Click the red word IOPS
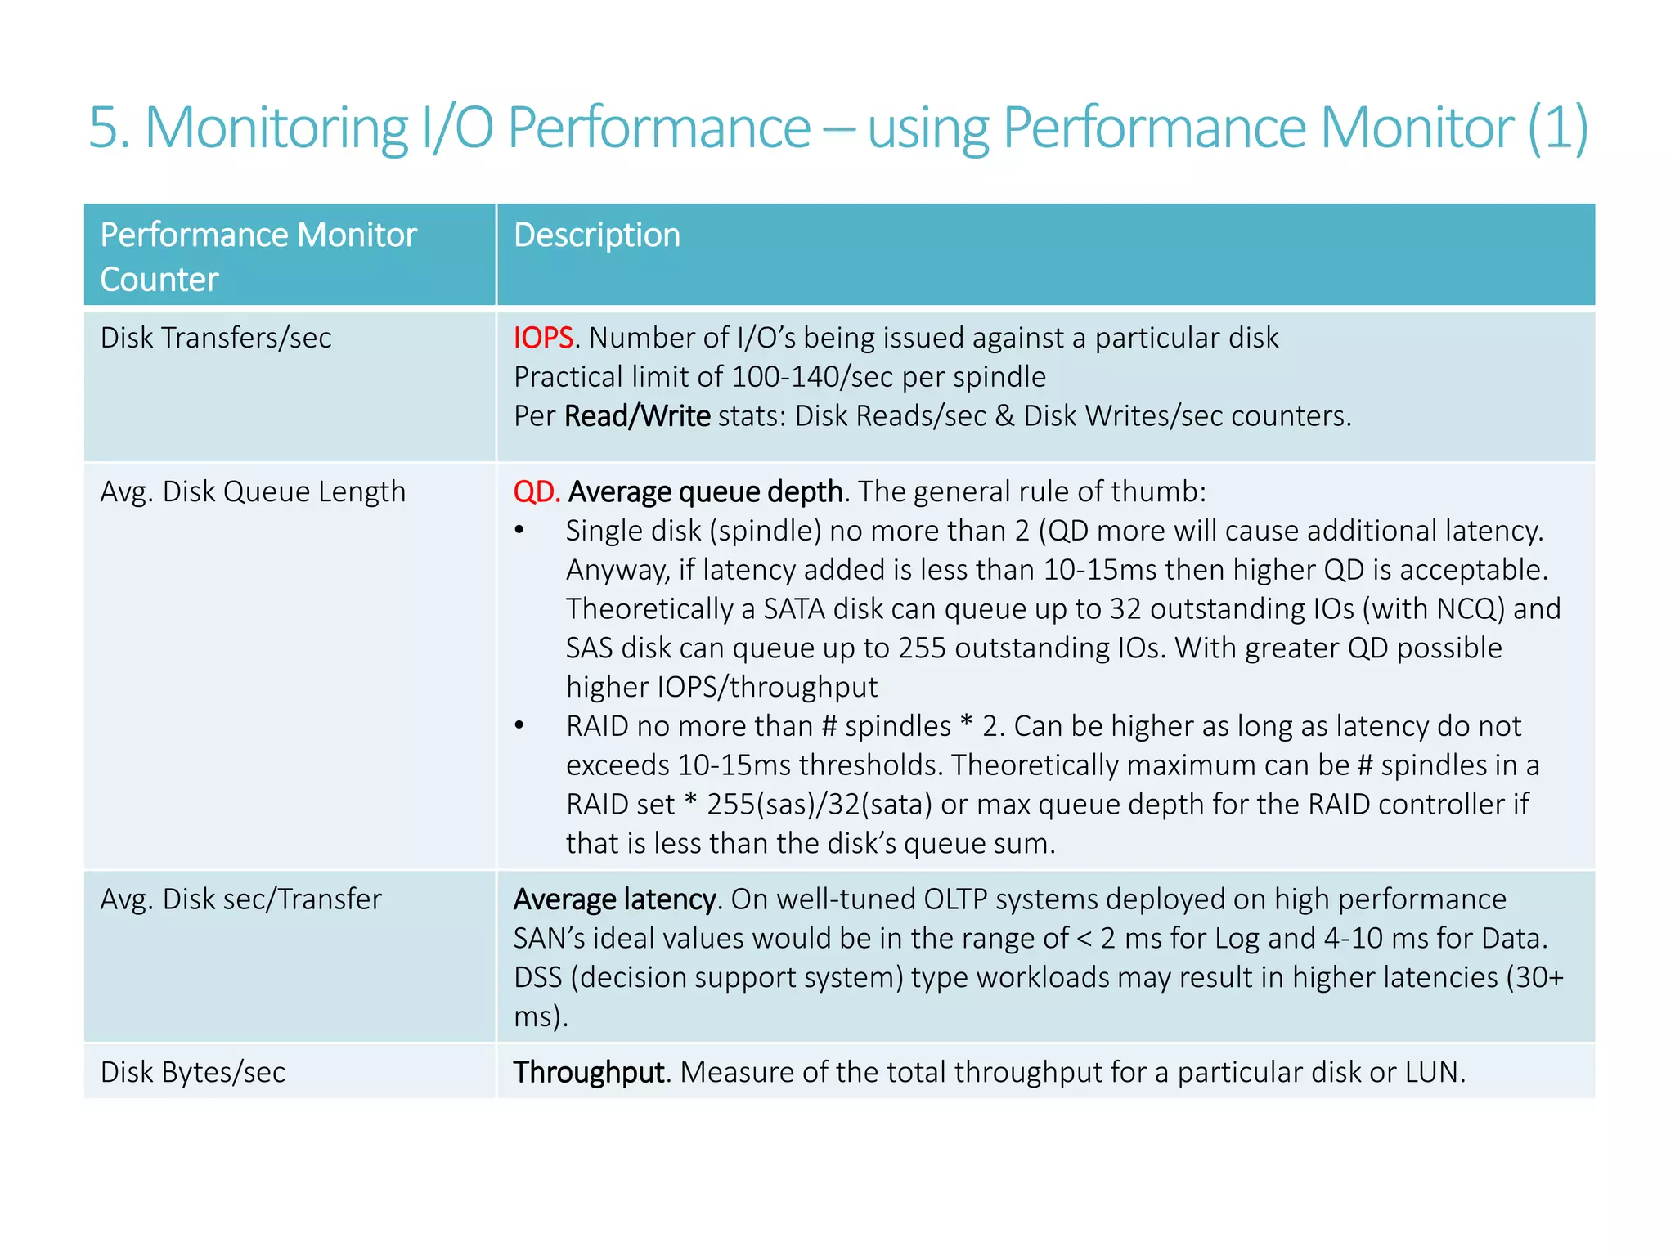[543, 338]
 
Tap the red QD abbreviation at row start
[536, 491]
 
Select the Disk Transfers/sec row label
[216, 338]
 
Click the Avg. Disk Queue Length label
[253, 491]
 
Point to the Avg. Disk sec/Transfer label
[240, 899]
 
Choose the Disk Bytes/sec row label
[193, 1072]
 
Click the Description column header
[597, 235]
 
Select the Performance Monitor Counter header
[258, 257]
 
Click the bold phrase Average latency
[615, 899]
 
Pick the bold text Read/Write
[637, 416]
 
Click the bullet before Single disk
[519, 531]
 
